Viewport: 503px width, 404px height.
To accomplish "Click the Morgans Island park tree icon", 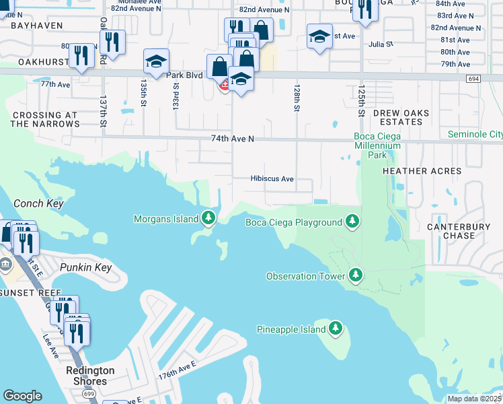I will pyautogui.click(x=209, y=218).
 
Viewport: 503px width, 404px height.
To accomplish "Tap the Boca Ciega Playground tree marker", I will pyautogui.click(x=352, y=221).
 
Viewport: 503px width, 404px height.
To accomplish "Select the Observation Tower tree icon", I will pyautogui.click(x=356, y=275).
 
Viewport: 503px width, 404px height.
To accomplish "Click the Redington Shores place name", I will pyautogui.click(x=90, y=376).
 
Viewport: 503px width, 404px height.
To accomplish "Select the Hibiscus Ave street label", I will pyautogui.click(x=272, y=179).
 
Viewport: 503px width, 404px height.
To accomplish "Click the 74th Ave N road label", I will pyautogui.click(x=233, y=138).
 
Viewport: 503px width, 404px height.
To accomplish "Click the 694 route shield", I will pyautogui.click(x=473, y=79).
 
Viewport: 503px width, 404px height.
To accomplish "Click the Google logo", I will pyautogui.click(x=22, y=396).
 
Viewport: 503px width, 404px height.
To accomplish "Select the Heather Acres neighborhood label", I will pyautogui.click(x=422, y=171).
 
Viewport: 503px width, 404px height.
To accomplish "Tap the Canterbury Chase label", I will pyautogui.click(x=459, y=232).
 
